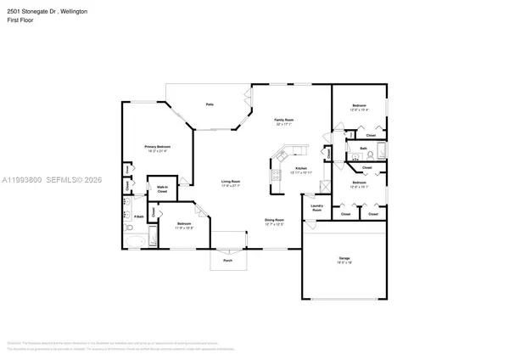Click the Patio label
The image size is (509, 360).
(209, 104)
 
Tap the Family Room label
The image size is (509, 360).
(283, 121)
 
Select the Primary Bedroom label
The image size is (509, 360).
(157, 147)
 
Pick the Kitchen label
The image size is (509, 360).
(299, 168)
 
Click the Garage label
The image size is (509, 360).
(343, 261)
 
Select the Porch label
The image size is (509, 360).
(227, 261)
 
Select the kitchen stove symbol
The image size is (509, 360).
(277, 176)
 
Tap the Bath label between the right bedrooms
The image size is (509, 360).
(362, 149)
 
